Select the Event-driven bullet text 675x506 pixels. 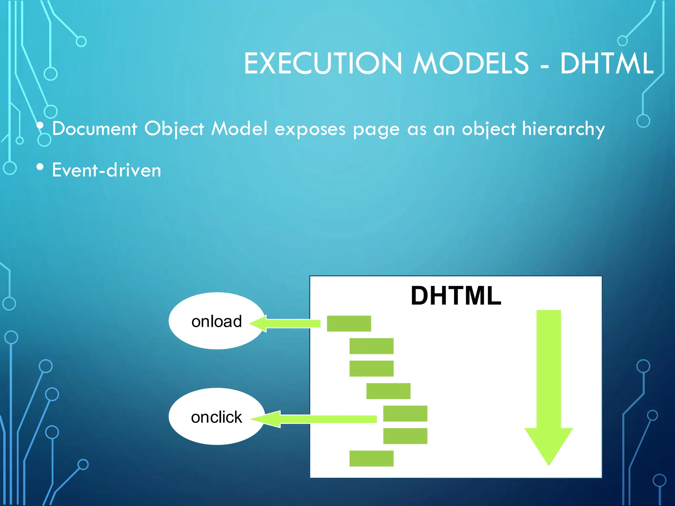[x=106, y=170]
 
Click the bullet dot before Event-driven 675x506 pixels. [x=40, y=167]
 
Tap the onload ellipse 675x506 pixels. [x=217, y=321]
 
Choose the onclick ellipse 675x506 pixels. [x=217, y=417]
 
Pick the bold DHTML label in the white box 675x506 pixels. [x=456, y=295]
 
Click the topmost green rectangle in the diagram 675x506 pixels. [x=349, y=323]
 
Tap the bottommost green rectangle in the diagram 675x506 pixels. [x=371, y=458]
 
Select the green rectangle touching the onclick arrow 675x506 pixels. [x=405, y=413]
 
